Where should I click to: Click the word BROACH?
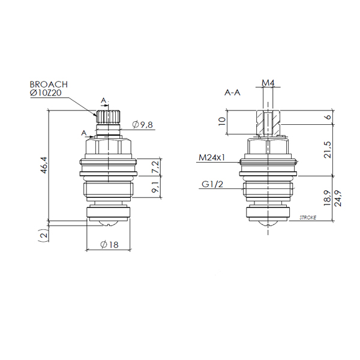tap(49, 85)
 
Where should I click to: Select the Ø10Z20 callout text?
tap(46, 93)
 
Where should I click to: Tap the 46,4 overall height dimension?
tap(44, 165)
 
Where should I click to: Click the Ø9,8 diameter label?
tap(142, 125)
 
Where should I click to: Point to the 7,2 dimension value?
tap(155, 167)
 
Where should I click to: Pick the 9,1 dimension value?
tap(155, 187)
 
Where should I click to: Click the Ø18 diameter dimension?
tap(110, 245)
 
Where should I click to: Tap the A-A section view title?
tap(232, 93)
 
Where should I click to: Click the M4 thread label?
tap(268, 83)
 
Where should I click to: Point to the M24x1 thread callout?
tap(212, 158)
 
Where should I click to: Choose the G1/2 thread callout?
tap(212, 184)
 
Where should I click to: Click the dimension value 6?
tap(329, 116)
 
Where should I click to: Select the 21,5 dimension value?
tap(328, 149)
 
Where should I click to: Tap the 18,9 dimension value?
tap(328, 197)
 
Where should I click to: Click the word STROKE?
tap(308, 217)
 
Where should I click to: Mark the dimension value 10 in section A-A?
tap(222, 121)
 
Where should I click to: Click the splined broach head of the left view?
tap(108, 116)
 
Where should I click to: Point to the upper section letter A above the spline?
tap(104, 101)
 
